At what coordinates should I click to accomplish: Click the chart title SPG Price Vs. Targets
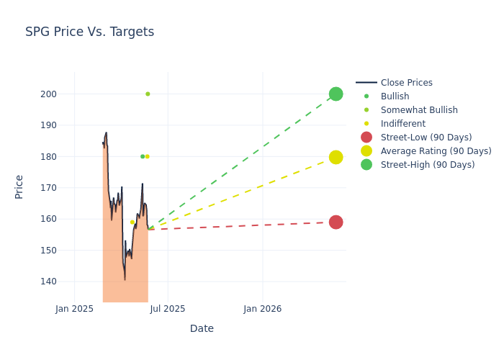point(89,32)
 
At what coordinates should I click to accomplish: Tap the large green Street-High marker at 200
point(336,94)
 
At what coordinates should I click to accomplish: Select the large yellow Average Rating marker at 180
point(336,157)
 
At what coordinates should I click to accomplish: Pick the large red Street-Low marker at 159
point(336,222)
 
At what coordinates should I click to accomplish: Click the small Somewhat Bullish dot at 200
point(148,94)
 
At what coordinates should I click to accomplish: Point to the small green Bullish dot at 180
point(143,156)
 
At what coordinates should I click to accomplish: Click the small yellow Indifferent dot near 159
point(132,222)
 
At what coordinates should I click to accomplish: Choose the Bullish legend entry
point(395,96)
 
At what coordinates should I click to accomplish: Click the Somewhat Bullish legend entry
point(418,110)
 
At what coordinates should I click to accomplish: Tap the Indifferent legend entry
point(402,124)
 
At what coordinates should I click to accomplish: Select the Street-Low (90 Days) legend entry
point(426,138)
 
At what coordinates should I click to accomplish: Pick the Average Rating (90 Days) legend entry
point(436,151)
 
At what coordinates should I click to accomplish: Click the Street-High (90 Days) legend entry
point(427,165)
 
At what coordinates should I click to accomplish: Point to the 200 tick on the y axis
point(48,94)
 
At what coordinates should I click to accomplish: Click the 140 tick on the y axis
point(48,282)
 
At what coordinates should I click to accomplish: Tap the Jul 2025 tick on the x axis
point(168,309)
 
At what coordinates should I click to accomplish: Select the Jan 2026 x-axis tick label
point(262,309)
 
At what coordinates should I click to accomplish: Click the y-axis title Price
point(19,186)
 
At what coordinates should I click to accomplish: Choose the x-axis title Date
point(202,328)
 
